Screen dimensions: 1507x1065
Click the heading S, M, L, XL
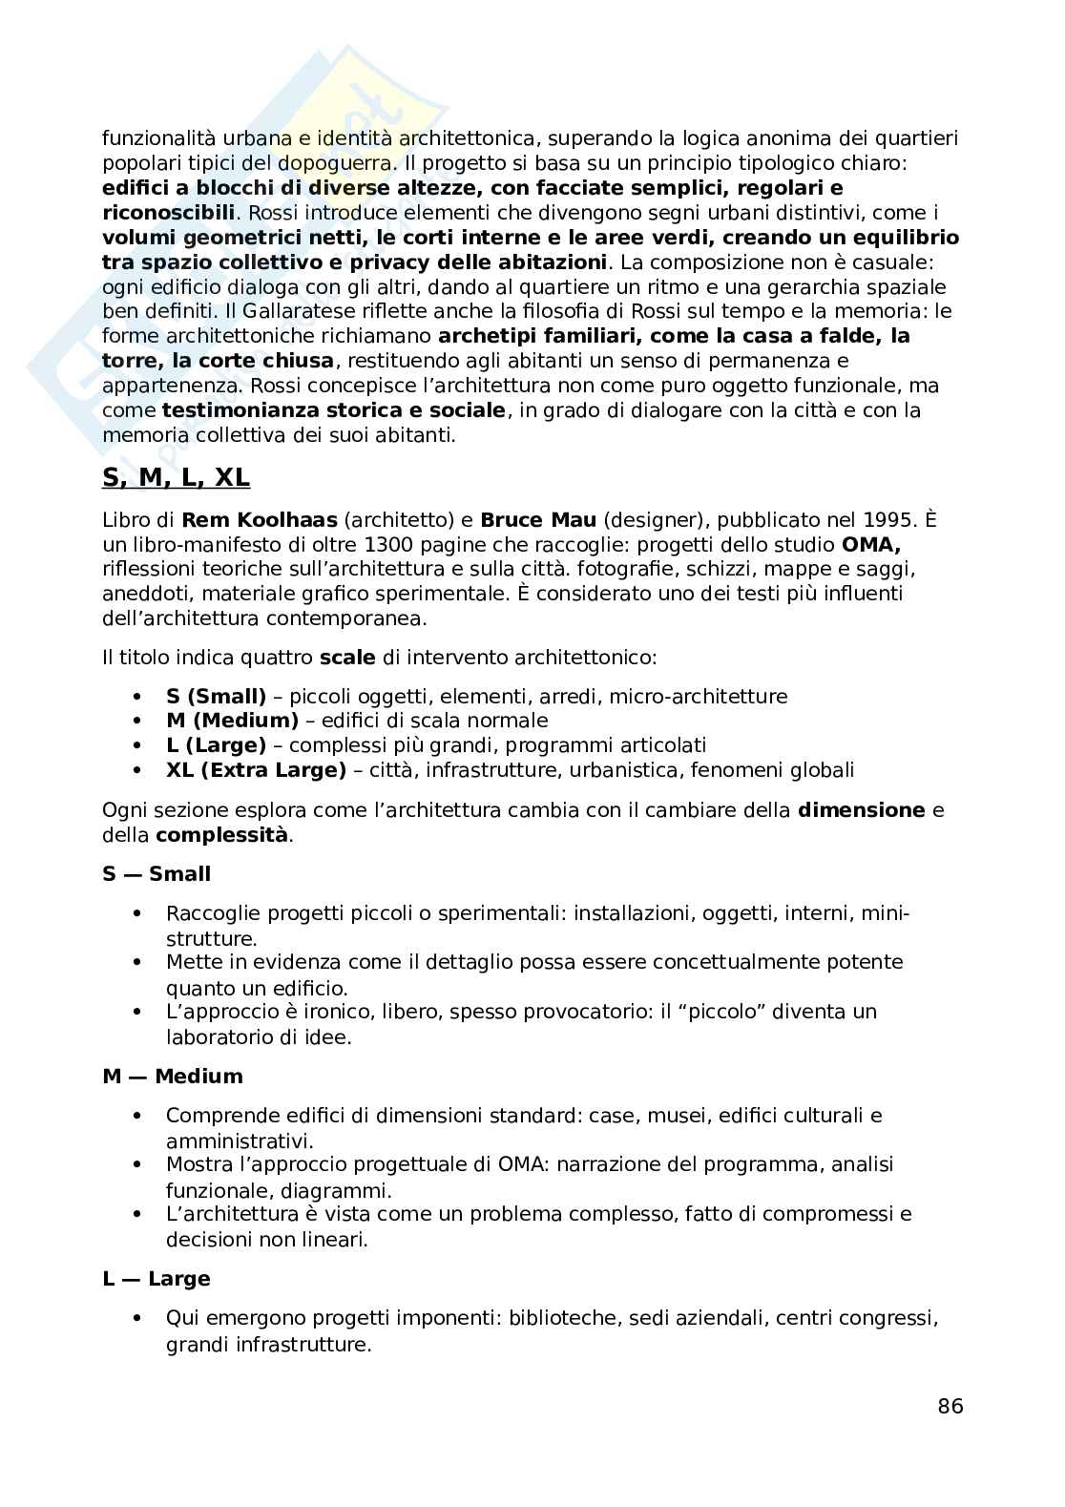(176, 477)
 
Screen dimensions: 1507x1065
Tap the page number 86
(950, 1406)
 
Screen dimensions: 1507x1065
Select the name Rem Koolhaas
(259, 520)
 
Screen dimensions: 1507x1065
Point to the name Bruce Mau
(539, 520)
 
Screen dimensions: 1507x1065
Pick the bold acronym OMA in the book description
(871, 545)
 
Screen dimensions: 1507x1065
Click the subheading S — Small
(157, 873)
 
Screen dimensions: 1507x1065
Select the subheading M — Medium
(173, 1076)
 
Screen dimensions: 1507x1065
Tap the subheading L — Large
(157, 1278)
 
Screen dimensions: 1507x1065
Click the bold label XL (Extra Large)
(256, 770)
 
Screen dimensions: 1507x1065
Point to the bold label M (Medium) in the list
(232, 721)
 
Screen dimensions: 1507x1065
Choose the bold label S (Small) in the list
(216, 696)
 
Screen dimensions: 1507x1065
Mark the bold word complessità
(221, 835)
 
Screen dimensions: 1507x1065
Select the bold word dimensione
(861, 810)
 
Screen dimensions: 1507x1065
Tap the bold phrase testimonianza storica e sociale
(334, 410)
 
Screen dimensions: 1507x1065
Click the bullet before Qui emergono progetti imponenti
(138, 1318)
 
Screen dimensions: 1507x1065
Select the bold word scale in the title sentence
(347, 658)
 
